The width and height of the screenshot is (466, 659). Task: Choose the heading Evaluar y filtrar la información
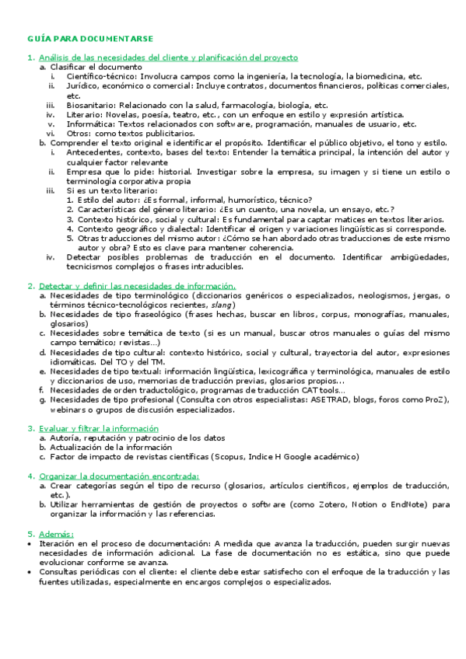click(x=99, y=428)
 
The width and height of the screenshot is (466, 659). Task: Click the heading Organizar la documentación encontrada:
click(x=118, y=476)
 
